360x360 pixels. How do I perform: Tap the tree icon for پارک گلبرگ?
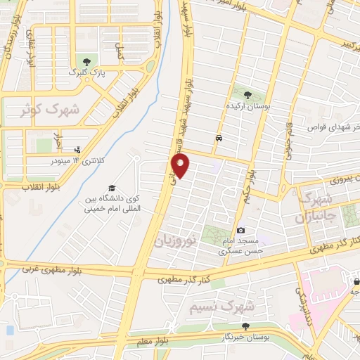coord(86,61)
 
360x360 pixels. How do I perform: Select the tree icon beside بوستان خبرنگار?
coord(245,326)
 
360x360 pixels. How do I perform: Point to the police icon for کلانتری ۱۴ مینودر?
coord(77,149)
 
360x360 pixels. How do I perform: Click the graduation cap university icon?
coord(111,188)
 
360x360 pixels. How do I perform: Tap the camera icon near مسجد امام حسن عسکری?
coord(240,230)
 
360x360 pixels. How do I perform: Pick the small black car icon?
coord(219,138)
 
